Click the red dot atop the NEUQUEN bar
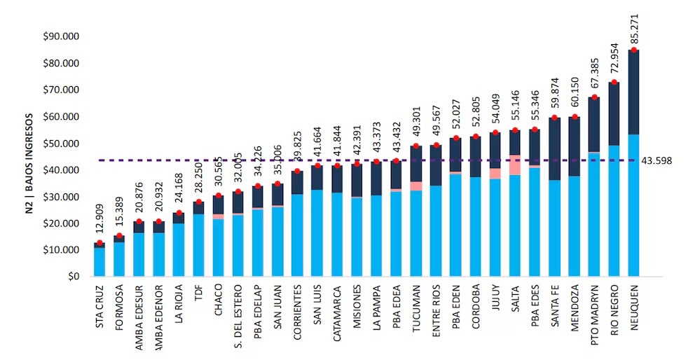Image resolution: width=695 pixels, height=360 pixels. pos(633,50)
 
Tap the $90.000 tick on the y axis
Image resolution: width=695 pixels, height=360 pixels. pos(60,36)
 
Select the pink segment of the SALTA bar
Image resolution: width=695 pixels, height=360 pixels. pos(515,165)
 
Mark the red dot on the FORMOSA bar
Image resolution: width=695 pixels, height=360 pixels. pos(119,236)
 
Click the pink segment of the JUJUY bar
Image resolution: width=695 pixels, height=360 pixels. pos(495,173)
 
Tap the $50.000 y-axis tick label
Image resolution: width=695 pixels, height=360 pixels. pos(60,144)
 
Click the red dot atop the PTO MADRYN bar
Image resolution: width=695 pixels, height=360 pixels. pos(594,97)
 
